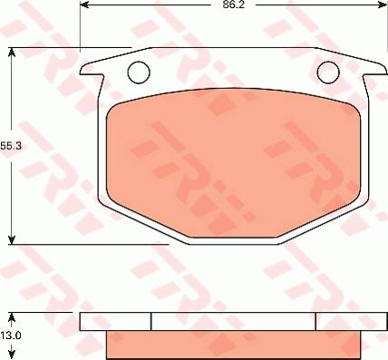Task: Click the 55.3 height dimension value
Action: click(x=11, y=145)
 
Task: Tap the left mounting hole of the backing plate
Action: click(x=138, y=70)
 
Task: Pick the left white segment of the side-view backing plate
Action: click(x=115, y=321)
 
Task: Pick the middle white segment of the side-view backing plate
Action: click(x=233, y=321)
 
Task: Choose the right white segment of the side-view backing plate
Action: click(x=341, y=321)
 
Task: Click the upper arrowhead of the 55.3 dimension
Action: click(x=11, y=53)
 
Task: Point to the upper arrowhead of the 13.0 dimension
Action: click(x=11, y=318)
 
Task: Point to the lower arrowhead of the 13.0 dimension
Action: click(x=11, y=354)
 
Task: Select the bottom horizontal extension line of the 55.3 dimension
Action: click(x=91, y=242)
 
